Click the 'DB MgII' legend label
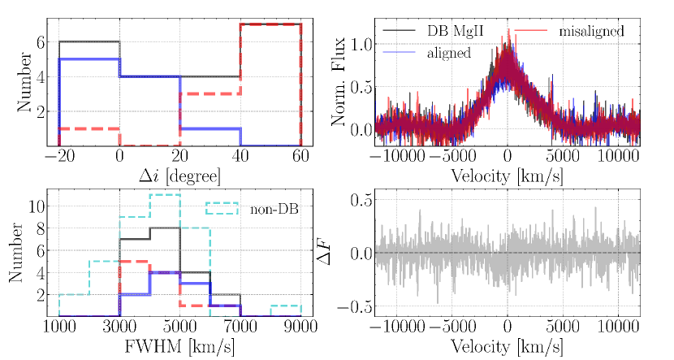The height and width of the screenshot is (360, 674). tap(457, 31)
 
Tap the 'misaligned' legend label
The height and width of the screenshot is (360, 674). tap(591, 31)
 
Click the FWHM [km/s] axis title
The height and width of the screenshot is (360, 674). tap(180, 347)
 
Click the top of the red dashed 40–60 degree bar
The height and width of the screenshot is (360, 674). tap(270, 24)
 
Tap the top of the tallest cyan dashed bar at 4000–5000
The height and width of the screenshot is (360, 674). tap(165, 195)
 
